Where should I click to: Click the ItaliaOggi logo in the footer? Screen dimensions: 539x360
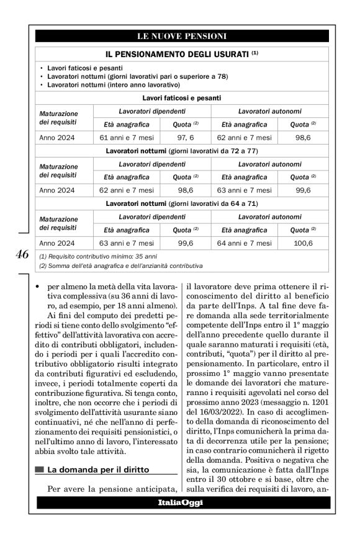pos(180,502)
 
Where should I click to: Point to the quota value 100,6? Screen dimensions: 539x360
pos(304,243)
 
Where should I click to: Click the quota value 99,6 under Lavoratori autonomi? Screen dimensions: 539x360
pos(304,190)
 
